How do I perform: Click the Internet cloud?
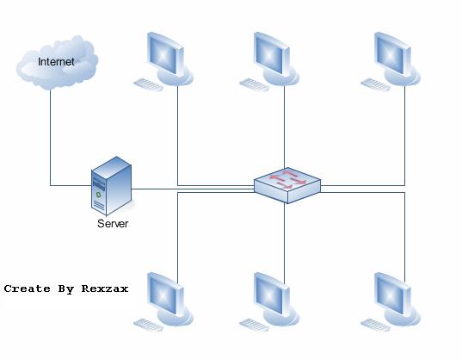57,62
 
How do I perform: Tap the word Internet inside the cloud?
56,62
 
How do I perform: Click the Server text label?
113,224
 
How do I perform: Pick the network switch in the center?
287,184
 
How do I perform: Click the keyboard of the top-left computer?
149,85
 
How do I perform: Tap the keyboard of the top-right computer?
376,85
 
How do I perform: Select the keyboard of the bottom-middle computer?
256,326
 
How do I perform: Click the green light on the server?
99,195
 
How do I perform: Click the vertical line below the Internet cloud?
50,138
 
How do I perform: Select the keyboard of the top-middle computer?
256,85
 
